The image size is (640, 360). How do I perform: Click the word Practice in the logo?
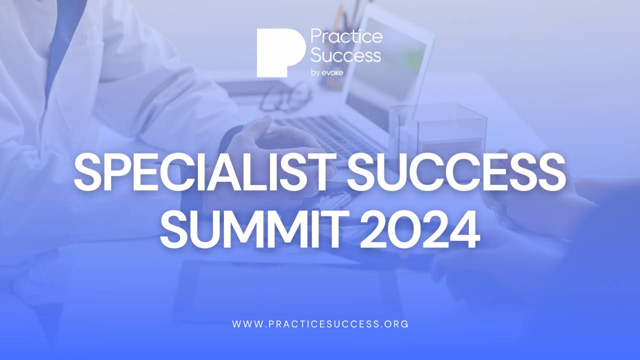click(x=346, y=36)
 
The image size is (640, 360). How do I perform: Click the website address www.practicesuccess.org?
click(x=320, y=324)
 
